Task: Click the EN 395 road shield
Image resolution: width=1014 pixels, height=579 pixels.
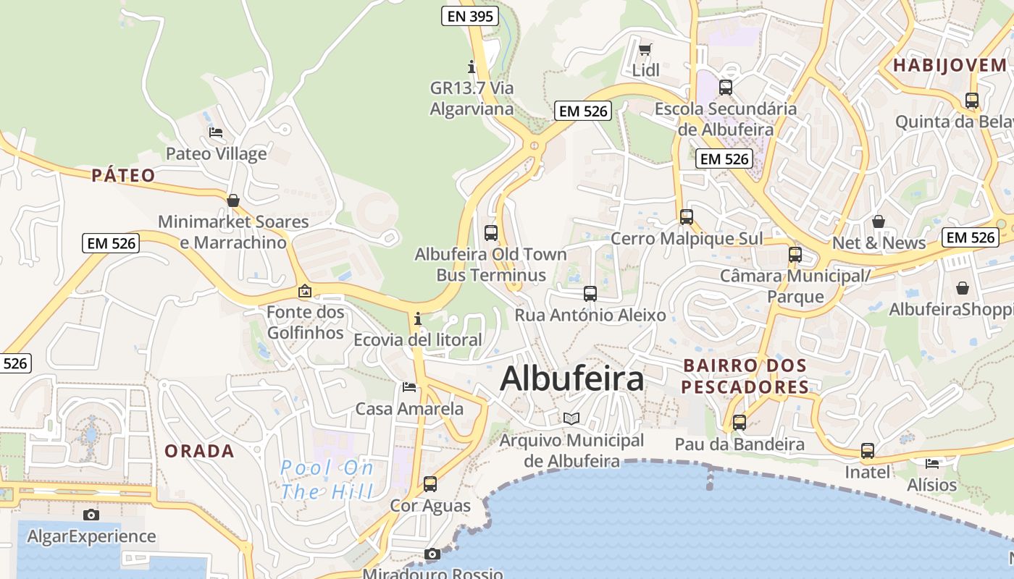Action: (470, 16)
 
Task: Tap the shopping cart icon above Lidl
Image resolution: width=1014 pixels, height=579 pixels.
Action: (645, 49)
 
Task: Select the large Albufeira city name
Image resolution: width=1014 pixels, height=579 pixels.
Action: (571, 379)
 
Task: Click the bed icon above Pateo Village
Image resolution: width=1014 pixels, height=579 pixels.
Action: (216, 132)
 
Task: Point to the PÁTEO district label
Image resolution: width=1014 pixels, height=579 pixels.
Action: (123, 175)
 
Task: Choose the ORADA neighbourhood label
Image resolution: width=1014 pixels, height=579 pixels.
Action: (199, 451)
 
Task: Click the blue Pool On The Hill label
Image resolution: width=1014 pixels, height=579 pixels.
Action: (327, 480)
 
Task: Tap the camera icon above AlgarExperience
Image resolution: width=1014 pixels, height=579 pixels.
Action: (91, 515)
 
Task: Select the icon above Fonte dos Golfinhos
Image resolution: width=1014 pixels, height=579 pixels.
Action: (305, 291)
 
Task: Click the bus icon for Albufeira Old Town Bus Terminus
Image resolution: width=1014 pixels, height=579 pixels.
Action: (491, 232)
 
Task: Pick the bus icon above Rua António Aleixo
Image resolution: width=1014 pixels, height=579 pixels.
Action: (590, 293)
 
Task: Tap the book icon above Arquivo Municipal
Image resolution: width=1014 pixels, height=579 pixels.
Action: (571, 418)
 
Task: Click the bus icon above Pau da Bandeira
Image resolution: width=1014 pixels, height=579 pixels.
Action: (739, 422)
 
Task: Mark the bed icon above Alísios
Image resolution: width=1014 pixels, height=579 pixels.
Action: (932, 462)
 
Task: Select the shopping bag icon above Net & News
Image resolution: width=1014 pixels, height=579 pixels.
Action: (879, 221)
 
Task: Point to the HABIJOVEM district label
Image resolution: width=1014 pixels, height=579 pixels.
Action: (950, 65)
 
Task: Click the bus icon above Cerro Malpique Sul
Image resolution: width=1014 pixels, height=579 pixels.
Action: (687, 216)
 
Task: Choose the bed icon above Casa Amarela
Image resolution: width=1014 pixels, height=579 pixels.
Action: (409, 386)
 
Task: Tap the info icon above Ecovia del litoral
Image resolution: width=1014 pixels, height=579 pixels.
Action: (418, 318)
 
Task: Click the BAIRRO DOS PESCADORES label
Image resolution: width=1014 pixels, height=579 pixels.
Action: (745, 376)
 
